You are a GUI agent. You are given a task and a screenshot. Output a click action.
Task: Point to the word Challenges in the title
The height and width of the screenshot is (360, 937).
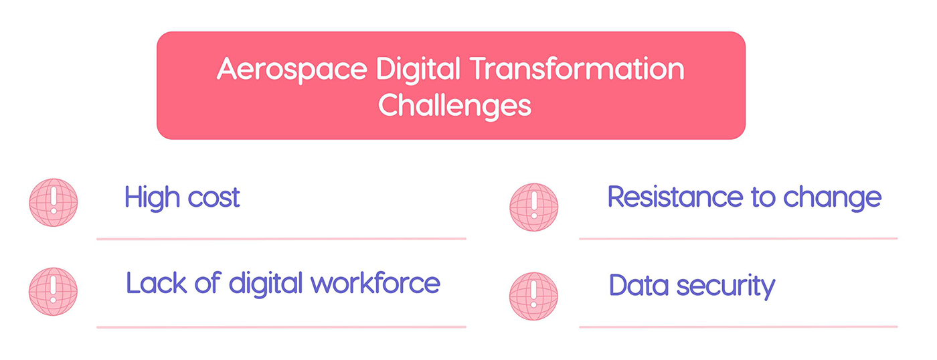pos(454,105)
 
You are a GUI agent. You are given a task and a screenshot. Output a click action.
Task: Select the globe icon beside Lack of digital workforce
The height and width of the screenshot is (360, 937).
pos(53,292)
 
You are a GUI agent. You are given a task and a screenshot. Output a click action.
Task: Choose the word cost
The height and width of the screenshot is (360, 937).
pos(213,199)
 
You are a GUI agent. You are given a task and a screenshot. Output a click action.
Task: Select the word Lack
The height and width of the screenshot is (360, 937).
pos(153,283)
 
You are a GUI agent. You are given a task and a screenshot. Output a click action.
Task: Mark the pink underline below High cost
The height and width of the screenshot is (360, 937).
pos(281,238)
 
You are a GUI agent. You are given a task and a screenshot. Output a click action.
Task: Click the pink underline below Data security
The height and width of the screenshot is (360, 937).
pos(738,327)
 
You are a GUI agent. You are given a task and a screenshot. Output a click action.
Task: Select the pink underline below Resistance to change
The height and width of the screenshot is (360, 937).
pos(738,238)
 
